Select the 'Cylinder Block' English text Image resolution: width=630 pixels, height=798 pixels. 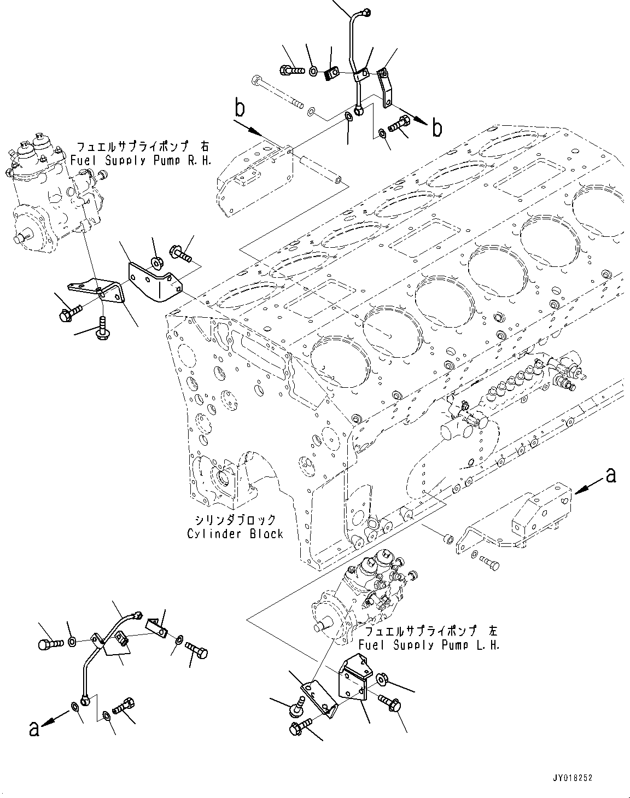(235, 533)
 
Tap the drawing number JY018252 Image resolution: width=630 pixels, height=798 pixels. (572, 778)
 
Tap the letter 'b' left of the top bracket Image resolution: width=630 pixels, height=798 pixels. (239, 109)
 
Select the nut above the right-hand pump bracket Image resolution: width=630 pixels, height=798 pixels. (157, 264)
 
